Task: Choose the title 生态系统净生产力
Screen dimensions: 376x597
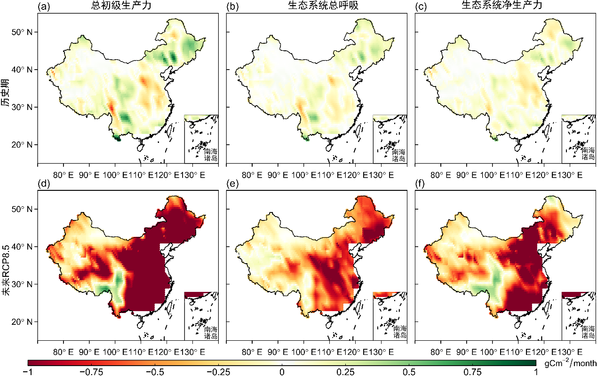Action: pyautogui.click(x=505, y=6)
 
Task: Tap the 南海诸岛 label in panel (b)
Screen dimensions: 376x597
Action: pyautogui.click(x=399, y=155)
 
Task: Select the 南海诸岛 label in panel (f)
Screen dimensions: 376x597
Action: pyautogui.click(x=588, y=332)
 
